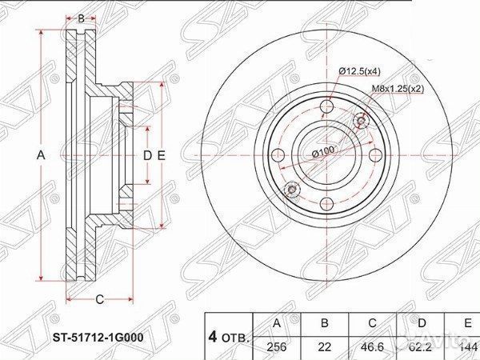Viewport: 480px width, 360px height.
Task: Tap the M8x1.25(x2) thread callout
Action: coord(396,90)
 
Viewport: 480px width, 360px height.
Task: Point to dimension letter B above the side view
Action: coord(81,18)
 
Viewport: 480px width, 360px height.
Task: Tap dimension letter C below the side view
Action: coord(98,300)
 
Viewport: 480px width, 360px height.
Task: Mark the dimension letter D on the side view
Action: coord(147,156)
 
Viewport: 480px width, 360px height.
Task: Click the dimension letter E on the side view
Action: coord(161,156)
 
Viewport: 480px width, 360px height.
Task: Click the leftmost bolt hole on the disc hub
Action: coord(278,155)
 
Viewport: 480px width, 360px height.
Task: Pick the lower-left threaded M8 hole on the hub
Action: coord(291,190)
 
